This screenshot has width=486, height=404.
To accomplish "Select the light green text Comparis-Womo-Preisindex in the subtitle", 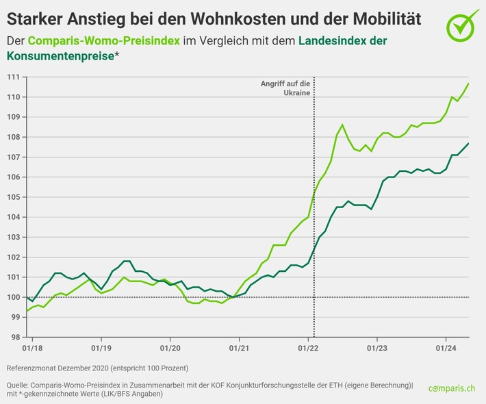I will click(104, 41).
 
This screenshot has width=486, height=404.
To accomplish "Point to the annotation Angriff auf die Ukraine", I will click(285, 88).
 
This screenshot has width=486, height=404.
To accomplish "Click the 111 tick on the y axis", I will click(13, 77).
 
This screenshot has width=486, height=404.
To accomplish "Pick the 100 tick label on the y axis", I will click(13, 297).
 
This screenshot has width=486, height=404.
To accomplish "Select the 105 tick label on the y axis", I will click(13, 197).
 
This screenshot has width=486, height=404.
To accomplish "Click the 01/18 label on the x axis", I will click(32, 349).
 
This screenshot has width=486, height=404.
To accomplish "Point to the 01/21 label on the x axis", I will click(239, 349).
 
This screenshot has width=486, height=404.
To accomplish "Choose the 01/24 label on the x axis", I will click(446, 349).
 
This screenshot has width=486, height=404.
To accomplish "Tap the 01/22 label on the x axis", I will click(308, 349).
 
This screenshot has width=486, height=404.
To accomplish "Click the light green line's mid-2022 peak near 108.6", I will click(342, 125).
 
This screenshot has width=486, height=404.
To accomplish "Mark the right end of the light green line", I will click(468, 84).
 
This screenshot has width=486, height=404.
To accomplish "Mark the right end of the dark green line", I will click(468, 143).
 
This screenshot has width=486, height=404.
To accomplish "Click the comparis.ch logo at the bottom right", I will click(452, 388).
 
